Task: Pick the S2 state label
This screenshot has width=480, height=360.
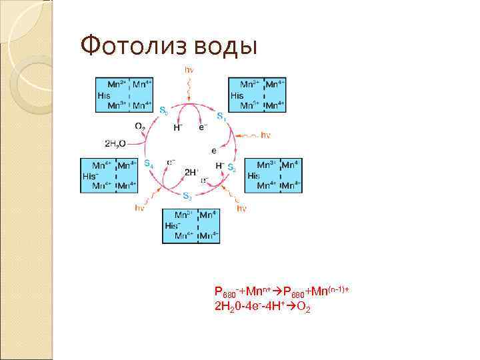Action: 232,168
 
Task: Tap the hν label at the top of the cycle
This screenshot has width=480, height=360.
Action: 190,69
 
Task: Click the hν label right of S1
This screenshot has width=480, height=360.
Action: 265,135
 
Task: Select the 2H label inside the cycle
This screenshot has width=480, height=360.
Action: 191,172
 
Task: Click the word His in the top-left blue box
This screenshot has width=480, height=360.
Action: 105,95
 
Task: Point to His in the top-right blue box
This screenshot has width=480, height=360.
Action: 237,95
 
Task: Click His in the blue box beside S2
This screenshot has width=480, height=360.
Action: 254,175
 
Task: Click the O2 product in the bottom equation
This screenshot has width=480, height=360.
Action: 302,307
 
